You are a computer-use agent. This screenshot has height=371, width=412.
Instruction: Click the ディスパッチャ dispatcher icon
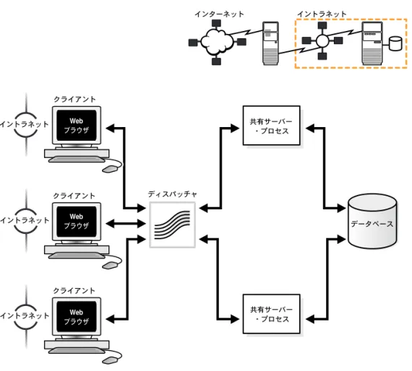(172, 224)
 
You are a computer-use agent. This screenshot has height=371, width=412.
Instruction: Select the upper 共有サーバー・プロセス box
(272, 126)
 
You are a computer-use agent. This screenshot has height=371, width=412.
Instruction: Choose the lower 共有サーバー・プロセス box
(272, 314)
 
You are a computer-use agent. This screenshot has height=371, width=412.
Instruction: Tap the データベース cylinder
(372, 221)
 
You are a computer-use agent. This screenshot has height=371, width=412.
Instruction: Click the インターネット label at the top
(219, 14)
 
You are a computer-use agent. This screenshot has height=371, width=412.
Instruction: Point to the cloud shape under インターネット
(217, 41)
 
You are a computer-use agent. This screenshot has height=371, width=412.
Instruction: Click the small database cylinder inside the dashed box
(395, 43)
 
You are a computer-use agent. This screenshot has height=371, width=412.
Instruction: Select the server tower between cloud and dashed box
(270, 43)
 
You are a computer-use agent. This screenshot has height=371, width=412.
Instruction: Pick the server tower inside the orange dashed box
(372, 43)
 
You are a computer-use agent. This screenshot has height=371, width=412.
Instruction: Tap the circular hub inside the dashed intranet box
(322, 40)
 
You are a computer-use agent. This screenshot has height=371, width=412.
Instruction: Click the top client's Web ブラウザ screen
(77, 126)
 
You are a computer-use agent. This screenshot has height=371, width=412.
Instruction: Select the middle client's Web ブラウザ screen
(77, 222)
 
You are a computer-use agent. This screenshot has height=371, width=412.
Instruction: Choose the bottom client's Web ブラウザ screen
(77, 317)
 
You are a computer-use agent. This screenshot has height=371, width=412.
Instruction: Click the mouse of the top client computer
(109, 169)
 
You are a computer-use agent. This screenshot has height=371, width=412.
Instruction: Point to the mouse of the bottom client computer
(109, 360)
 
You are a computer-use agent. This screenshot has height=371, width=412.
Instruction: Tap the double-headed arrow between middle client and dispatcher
(126, 224)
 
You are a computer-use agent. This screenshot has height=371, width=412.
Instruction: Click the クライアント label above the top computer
(74, 99)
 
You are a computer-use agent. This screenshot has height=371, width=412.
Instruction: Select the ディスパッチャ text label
(172, 194)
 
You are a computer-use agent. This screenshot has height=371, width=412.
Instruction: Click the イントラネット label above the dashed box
(322, 14)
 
